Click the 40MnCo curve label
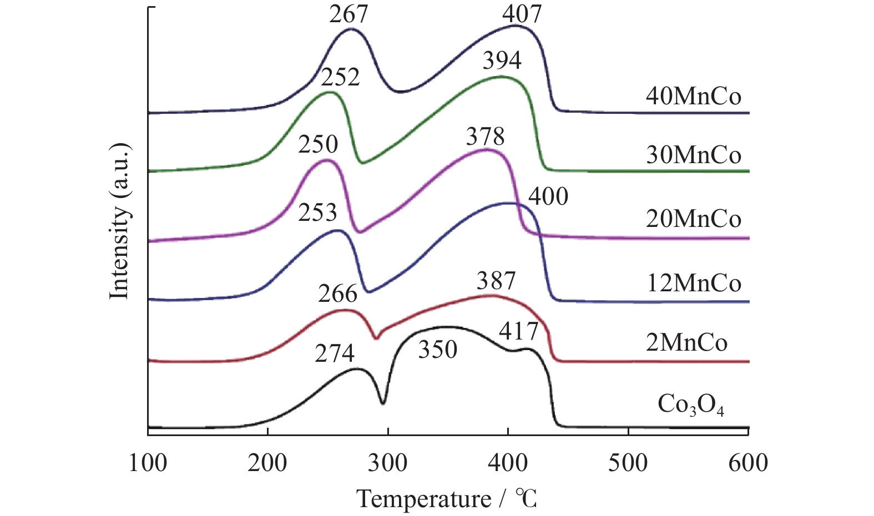(x=693, y=97)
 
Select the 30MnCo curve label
(x=693, y=155)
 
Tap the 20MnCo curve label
(x=693, y=219)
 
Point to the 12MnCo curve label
(x=693, y=284)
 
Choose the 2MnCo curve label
(x=686, y=342)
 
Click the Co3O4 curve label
(x=690, y=405)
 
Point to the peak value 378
(x=485, y=136)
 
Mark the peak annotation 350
(x=437, y=350)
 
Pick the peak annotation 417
(x=518, y=331)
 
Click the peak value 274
(x=335, y=353)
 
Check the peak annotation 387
(x=496, y=281)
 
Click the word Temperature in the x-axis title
(x=423, y=499)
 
